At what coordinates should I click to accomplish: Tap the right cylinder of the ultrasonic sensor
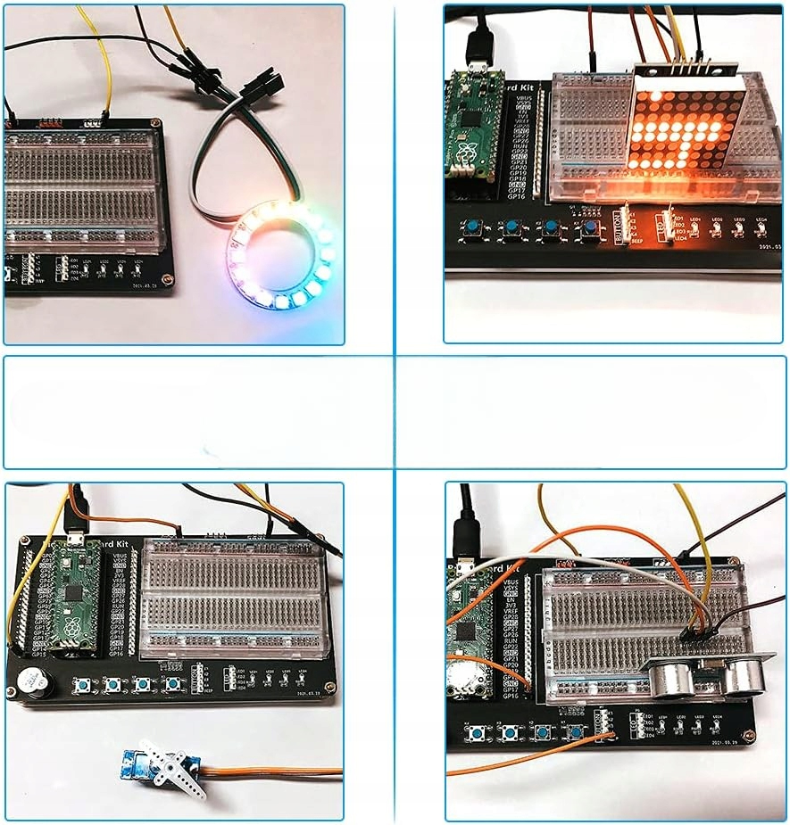tap(742, 676)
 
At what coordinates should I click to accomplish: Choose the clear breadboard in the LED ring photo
tap(86, 187)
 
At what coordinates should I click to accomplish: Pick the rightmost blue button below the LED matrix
tap(590, 229)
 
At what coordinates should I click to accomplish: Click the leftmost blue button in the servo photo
tap(84, 685)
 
